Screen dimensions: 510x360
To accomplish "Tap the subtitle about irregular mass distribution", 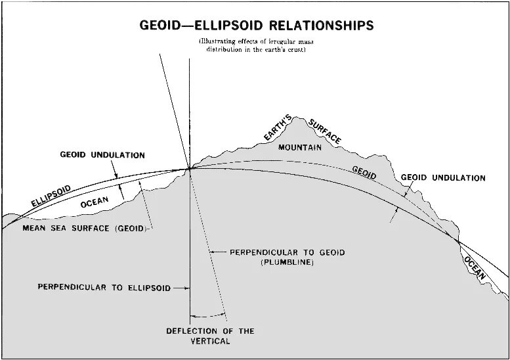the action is tap(257, 46).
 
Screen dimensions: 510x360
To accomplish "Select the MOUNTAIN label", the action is tap(300, 148).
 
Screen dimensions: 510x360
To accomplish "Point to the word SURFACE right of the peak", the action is tap(327, 130).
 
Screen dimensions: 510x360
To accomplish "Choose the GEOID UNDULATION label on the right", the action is tap(443, 178).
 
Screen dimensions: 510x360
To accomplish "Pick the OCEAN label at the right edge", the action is tap(475, 267).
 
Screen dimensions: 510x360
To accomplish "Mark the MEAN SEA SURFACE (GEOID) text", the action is tap(85, 229).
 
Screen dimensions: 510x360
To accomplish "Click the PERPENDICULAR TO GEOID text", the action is tap(287, 252).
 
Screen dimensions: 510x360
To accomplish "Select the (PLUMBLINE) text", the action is tap(287, 262).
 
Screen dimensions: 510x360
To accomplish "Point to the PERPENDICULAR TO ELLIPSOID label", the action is tap(104, 288).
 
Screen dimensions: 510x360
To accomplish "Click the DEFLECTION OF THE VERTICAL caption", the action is tap(210, 336).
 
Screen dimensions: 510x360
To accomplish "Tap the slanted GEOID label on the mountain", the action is tap(364, 172).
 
